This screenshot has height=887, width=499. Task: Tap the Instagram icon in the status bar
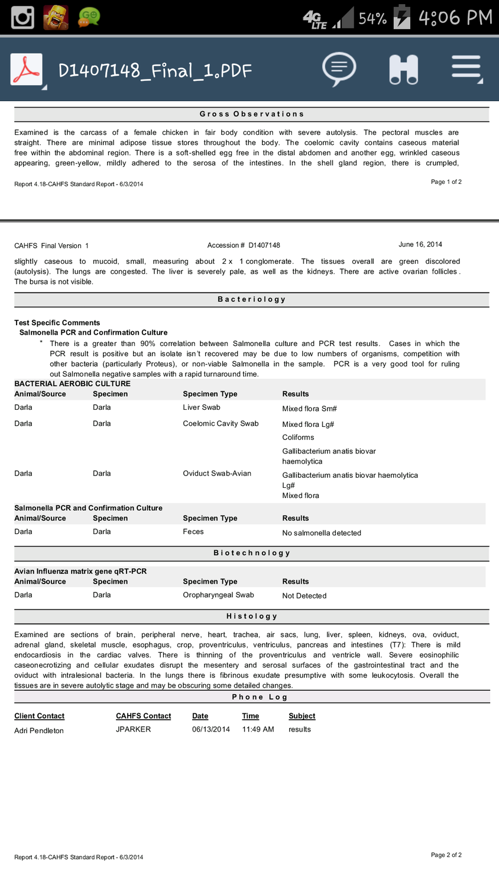(x=23, y=17)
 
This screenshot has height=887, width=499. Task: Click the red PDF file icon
(x=27, y=70)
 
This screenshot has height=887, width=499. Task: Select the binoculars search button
(x=404, y=69)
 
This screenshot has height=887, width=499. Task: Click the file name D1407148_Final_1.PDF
(x=155, y=71)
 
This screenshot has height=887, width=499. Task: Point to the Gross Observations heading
(x=252, y=114)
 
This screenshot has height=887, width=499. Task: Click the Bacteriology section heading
(x=252, y=299)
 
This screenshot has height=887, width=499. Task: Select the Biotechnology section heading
(x=252, y=553)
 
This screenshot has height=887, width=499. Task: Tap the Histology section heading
(x=252, y=616)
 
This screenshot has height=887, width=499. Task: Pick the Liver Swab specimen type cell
(x=202, y=407)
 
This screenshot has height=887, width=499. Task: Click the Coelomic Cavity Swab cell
(x=221, y=423)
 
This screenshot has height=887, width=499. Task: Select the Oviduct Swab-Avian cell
(x=217, y=474)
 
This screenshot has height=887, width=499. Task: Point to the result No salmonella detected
(x=322, y=533)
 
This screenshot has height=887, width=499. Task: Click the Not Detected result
(x=304, y=596)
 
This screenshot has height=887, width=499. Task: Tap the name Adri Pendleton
(x=39, y=730)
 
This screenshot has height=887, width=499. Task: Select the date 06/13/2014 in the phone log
(x=210, y=729)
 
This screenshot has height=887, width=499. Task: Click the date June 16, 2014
(x=420, y=244)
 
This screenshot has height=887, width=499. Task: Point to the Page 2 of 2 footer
(x=446, y=855)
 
